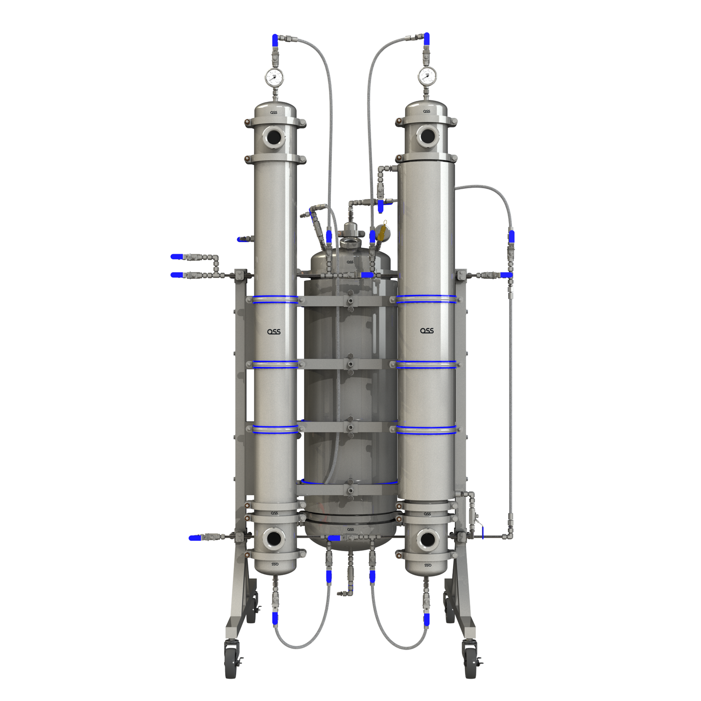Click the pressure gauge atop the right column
(427, 75)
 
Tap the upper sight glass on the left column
(274, 137)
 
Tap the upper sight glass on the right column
(427, 136)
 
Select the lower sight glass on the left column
(274, 538)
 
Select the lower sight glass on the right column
(427, 539)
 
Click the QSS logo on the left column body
(274, 332)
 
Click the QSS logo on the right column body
(427, 331)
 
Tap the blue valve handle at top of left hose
(275, 40)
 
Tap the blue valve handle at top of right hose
(426, 39)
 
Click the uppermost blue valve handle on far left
(177, 257)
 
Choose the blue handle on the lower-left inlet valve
(195, 538)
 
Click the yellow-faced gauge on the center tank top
(384, 231)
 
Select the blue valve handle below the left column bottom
(275, 618)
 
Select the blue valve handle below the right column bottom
(427, 619)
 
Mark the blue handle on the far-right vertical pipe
(511, 237)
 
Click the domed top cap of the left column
(275, 109)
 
